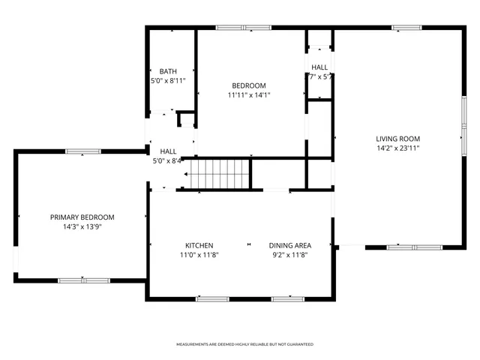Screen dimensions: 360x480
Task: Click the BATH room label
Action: (x=168, y=71)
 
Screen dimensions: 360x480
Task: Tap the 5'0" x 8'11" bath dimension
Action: (x=168, y=80)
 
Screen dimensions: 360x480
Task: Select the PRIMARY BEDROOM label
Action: (x=82, y=217)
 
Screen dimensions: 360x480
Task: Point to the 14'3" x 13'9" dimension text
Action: (x=82, y=226)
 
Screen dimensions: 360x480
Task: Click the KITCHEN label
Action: (x=199, y=245)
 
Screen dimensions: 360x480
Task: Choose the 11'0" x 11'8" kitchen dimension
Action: (x=199, y=254)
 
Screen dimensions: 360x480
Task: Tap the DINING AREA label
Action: (x=289, y=245)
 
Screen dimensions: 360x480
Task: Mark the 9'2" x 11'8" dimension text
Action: (x=289, y=254)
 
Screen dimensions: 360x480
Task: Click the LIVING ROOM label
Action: (x=397, y=139)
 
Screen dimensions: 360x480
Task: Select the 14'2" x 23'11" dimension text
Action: (x=397, y=148)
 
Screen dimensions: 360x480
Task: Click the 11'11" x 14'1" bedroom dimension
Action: (x=248, y=95)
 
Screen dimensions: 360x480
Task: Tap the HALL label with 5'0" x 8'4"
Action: (x=168, y=151)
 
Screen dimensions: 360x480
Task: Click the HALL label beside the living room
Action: (x=320, y=67)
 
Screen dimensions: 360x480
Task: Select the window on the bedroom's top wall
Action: (x=244, y=28)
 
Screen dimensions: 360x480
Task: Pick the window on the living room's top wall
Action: (x=406, y=28)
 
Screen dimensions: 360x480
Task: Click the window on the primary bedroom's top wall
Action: (x=83, y=151)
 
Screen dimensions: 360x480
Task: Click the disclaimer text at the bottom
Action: (x=244, y=344)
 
